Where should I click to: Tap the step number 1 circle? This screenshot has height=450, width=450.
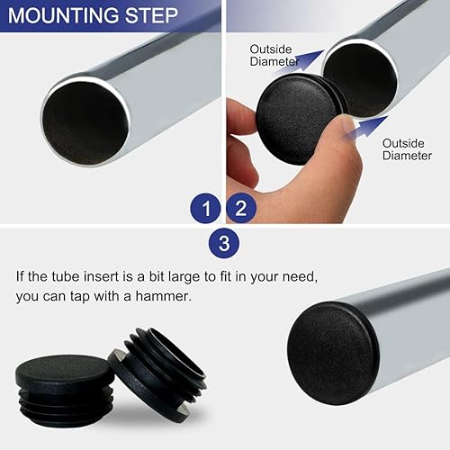click(206, 209)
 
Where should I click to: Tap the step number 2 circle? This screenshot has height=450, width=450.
click(242, 209)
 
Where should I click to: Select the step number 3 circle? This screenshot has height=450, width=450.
click(224, 242)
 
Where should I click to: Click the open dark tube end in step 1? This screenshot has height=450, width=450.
click(85, 119)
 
